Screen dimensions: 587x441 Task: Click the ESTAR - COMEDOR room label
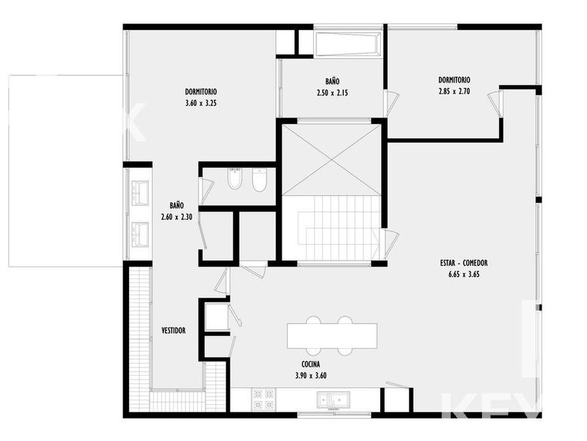click(x=464, y=263)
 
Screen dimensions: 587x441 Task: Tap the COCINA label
click(x=311, y=364)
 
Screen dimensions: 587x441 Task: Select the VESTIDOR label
click(x=173, y=330)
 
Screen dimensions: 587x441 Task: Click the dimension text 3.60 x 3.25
click(x=201, y=103)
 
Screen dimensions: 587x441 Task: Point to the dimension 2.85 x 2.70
click(x=454, y=91)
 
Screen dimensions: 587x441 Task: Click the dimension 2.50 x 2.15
click(x=332, y=92)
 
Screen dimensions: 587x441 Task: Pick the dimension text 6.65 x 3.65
click(x=464, y=274)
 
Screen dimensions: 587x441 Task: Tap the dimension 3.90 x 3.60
click(x=311, y=375)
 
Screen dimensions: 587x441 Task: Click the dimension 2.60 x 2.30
click(x=177, y=217)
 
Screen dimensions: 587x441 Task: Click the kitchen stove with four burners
click(x=264, y=399)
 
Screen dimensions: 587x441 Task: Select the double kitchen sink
click(x=333, y=400)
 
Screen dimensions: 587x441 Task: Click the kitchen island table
click(x=332, y=336)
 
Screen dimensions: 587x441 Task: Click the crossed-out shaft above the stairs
click(x=331, y=160)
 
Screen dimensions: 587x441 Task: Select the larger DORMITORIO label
click(x=201, y=92)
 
